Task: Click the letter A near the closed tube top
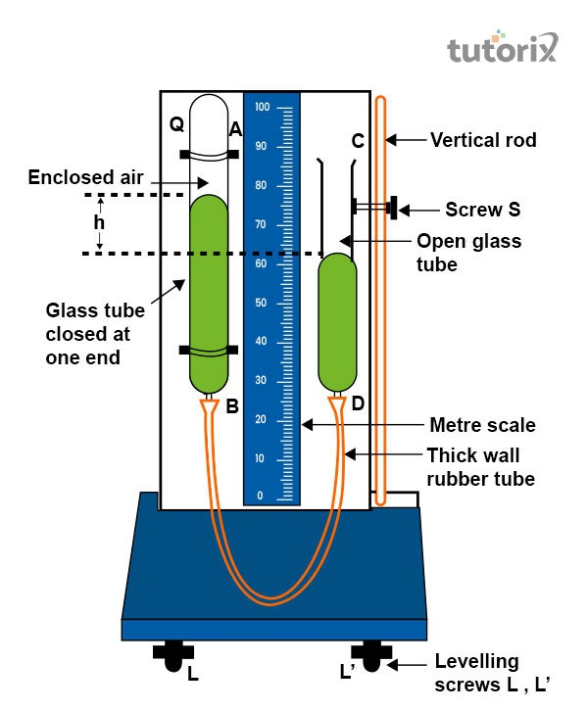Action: coord(235,128)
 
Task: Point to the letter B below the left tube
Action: coord(232,405)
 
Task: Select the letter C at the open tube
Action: coord(359,141)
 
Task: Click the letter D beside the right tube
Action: coord(359,403)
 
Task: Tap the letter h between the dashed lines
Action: coord(99,222)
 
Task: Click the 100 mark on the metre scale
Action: coord(262,107)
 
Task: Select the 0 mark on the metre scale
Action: coord(260,497)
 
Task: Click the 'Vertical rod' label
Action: coord(483,140)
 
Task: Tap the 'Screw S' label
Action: coord(482,209)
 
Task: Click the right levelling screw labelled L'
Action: coord(371,656)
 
